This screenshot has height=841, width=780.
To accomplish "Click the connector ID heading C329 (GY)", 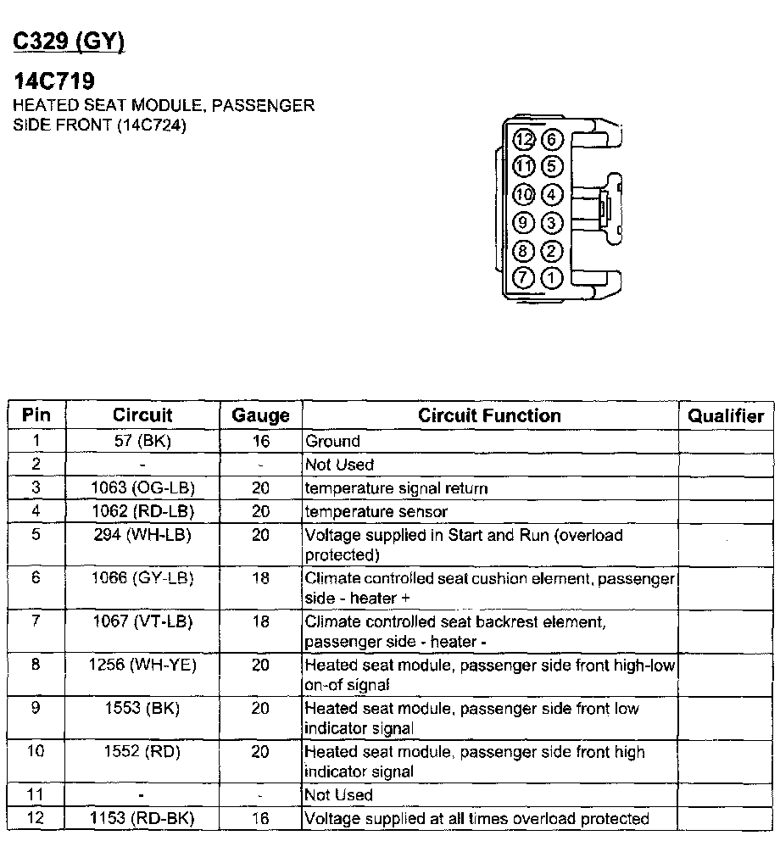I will tap(68, 42).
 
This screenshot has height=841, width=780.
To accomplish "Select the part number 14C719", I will tap(54, 82).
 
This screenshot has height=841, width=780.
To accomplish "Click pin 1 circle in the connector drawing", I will tap(552, 276).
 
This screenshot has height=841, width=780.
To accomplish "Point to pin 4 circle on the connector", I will tap(552, 195).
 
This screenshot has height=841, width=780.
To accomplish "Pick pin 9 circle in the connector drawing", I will tap(525, 223).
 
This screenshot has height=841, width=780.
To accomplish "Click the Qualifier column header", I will tap(726, 415).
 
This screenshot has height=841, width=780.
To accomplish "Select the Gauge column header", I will tap(260, 415).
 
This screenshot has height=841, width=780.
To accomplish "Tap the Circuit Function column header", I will tap(489, 415).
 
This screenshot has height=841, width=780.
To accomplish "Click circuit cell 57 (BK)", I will tap(142, 441).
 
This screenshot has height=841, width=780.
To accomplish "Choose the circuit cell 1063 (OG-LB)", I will tap(142, 488).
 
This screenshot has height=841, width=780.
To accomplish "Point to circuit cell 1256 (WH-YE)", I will tap(142, 665).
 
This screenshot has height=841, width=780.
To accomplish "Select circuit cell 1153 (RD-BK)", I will tap(142, 819).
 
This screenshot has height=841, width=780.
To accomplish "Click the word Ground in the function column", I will tap(332, 441).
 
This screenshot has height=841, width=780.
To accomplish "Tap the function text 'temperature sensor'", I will tap(376, 512).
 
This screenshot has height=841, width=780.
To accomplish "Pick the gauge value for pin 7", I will tap(260, 621).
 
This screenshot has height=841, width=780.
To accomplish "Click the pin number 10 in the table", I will tap(36, 751).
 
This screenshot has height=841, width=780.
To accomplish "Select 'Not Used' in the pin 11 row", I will tap(339, 795).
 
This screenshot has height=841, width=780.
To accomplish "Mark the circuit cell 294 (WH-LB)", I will tap(142, 535).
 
